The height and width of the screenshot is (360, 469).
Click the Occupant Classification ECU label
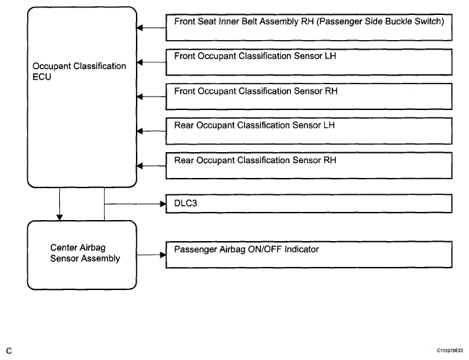pyautogui.click(x=80, y=71)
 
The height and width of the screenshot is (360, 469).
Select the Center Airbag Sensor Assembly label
pyautogui.click(x=85, y=253)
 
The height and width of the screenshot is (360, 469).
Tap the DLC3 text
pyautogui.click(x=186, y=203)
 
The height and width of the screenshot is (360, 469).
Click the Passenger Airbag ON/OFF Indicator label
pyautogui.click(x=247, y=249)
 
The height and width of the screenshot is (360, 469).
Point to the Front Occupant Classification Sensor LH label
pyautogui.click(x=255, y=56)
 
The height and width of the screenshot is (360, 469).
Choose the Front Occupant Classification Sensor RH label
pyautogui.click(x=256, y=91)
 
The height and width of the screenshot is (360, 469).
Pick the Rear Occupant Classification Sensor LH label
pyautogui.click(x=254, y=125)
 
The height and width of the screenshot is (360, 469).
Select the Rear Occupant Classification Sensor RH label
pyautogui.click(x=255, y=160)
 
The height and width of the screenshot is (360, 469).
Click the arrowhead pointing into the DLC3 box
pyautogui.click(x=163, y=204)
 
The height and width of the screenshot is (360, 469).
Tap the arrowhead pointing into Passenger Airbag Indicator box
pyautogui.click(x=163, y=255)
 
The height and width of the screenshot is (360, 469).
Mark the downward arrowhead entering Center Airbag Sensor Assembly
pyautogui.click(x=60, y=217)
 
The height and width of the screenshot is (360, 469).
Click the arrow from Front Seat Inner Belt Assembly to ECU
pyautogui.click(x=152, y=28)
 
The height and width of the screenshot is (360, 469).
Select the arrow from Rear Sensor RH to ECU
pyautogui.click(x=152, y=166)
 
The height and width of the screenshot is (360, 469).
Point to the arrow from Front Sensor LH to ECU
pyautogui.click(x=152, y=62)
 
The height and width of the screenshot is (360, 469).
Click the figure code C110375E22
pyautogui.click(x=450, y=350)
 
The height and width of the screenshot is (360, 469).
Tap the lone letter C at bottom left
pyautogui.click(x=9, y=350)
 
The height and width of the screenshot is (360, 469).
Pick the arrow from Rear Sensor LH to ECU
pyautogui.click(x=152, y=131)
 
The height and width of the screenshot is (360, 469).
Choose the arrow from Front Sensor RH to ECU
pyautogui.click(x=152, y=96)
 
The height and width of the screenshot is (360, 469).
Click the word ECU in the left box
pyautogui.click(x=42, y=77)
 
